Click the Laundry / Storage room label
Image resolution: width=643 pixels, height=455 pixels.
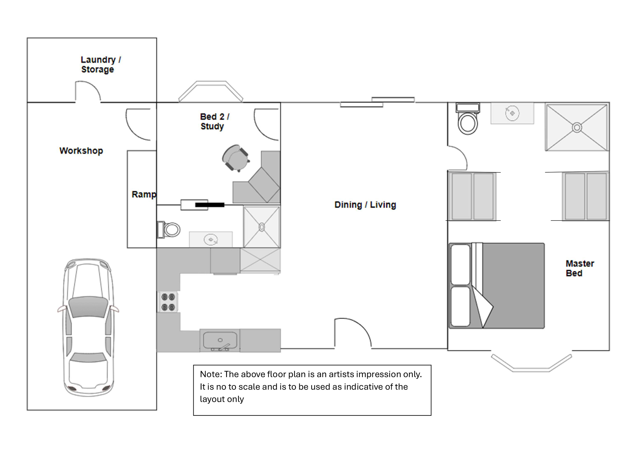pos(101,64)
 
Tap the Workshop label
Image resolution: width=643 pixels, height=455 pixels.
pos(81,151)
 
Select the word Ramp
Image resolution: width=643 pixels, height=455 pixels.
pos(144,194)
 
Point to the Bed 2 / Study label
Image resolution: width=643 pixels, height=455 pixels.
pos(214,121)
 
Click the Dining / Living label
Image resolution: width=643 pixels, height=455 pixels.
pos(365,205)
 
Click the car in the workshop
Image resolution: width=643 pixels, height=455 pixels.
pos(88,327)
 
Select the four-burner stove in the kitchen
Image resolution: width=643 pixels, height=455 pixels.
pos(168,302)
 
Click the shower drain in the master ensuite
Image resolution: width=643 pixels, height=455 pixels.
pos(577,128)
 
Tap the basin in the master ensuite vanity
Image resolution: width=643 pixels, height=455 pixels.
pos(512,113)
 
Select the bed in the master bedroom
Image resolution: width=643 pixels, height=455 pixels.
pos(497,285)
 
